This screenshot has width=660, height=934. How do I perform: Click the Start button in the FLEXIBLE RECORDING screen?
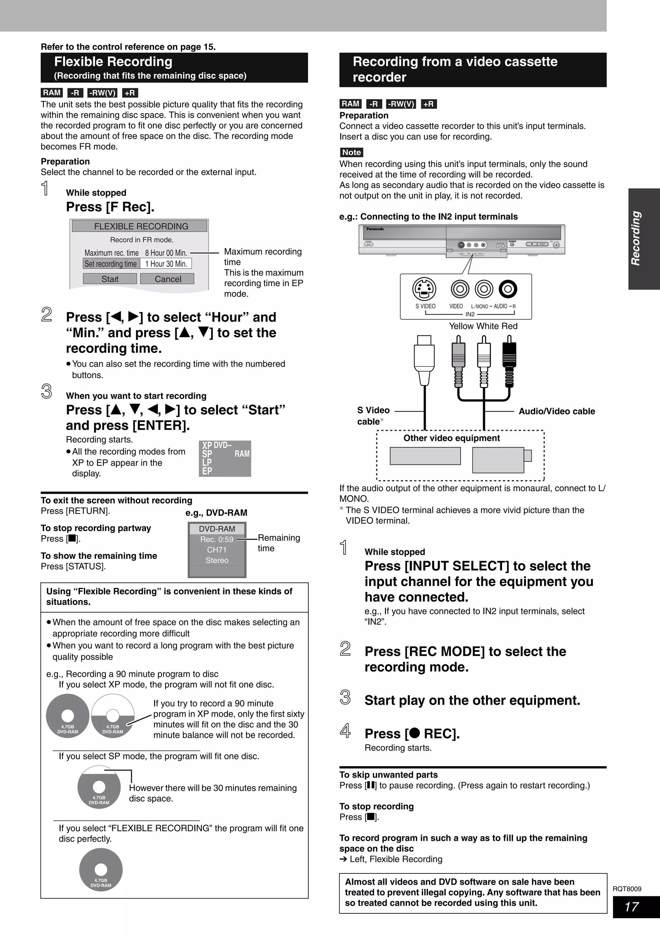click(x=110, y=279)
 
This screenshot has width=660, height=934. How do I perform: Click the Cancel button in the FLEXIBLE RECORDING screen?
click(x=167, y=279)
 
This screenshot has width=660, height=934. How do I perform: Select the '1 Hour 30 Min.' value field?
click(x=166, y=264)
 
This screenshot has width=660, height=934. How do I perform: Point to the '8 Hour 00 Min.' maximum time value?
click(x=166, y=253)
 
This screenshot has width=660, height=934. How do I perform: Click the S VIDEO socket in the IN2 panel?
click(x=424, y=289)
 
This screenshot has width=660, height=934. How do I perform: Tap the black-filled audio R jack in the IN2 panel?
click(x=508, y=289)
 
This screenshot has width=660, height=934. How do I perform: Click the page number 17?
click(x=632, y=907)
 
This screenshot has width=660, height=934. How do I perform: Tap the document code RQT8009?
click(x=627, y=889)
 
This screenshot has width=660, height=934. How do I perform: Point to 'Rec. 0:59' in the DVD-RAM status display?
click(x=217, y=540)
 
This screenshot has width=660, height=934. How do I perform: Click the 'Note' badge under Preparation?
click(x=351, y=152)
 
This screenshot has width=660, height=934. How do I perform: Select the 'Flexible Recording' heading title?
click(x=113, y=62)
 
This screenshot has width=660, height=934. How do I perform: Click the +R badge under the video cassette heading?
click(x=428, y=104)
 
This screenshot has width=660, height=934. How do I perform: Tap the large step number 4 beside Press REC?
click(x=345, y=731)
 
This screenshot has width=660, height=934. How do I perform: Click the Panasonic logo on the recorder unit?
click(x=375, y=229)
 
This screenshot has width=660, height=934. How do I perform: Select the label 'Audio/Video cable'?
click(x=556, y=411)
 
